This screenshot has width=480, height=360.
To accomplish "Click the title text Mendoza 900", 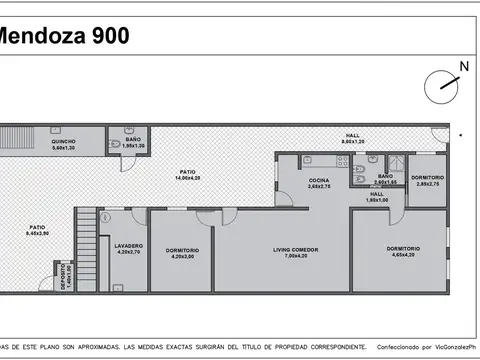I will [62, 37].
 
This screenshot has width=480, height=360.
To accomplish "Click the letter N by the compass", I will [463, 67].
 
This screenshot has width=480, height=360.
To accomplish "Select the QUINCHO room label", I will [64, 142].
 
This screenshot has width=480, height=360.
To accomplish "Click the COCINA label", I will [320, 181].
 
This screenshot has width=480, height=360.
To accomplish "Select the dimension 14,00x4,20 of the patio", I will [187, 177].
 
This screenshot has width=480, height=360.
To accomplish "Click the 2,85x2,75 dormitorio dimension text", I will [428, 183].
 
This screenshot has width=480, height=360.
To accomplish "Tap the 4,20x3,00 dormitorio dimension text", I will [182, 257].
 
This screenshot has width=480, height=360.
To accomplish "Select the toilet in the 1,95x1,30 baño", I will [117, 144].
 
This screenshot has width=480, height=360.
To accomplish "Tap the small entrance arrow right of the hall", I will [460, 133].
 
